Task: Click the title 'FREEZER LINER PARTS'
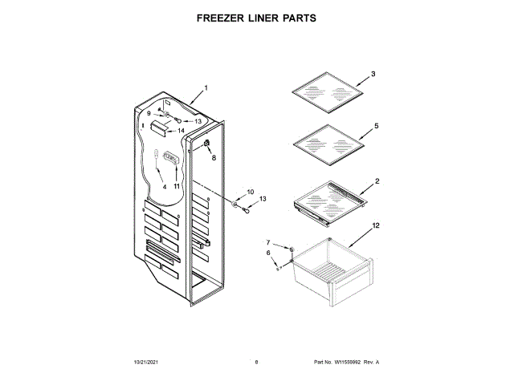pos(256,17)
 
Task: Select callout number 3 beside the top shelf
pos(373,74)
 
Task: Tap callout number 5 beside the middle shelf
pos(376,127)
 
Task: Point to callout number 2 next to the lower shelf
pos(377,181)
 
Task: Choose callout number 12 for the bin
pos(376,228)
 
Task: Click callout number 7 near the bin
pos(269,241)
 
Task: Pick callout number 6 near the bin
pos(268,253)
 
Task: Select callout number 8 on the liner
pos(214,158)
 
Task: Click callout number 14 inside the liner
pos(182,130)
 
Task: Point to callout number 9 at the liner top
pos(149,114)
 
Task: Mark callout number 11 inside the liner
pos(177,186)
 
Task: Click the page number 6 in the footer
pos(256,363)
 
